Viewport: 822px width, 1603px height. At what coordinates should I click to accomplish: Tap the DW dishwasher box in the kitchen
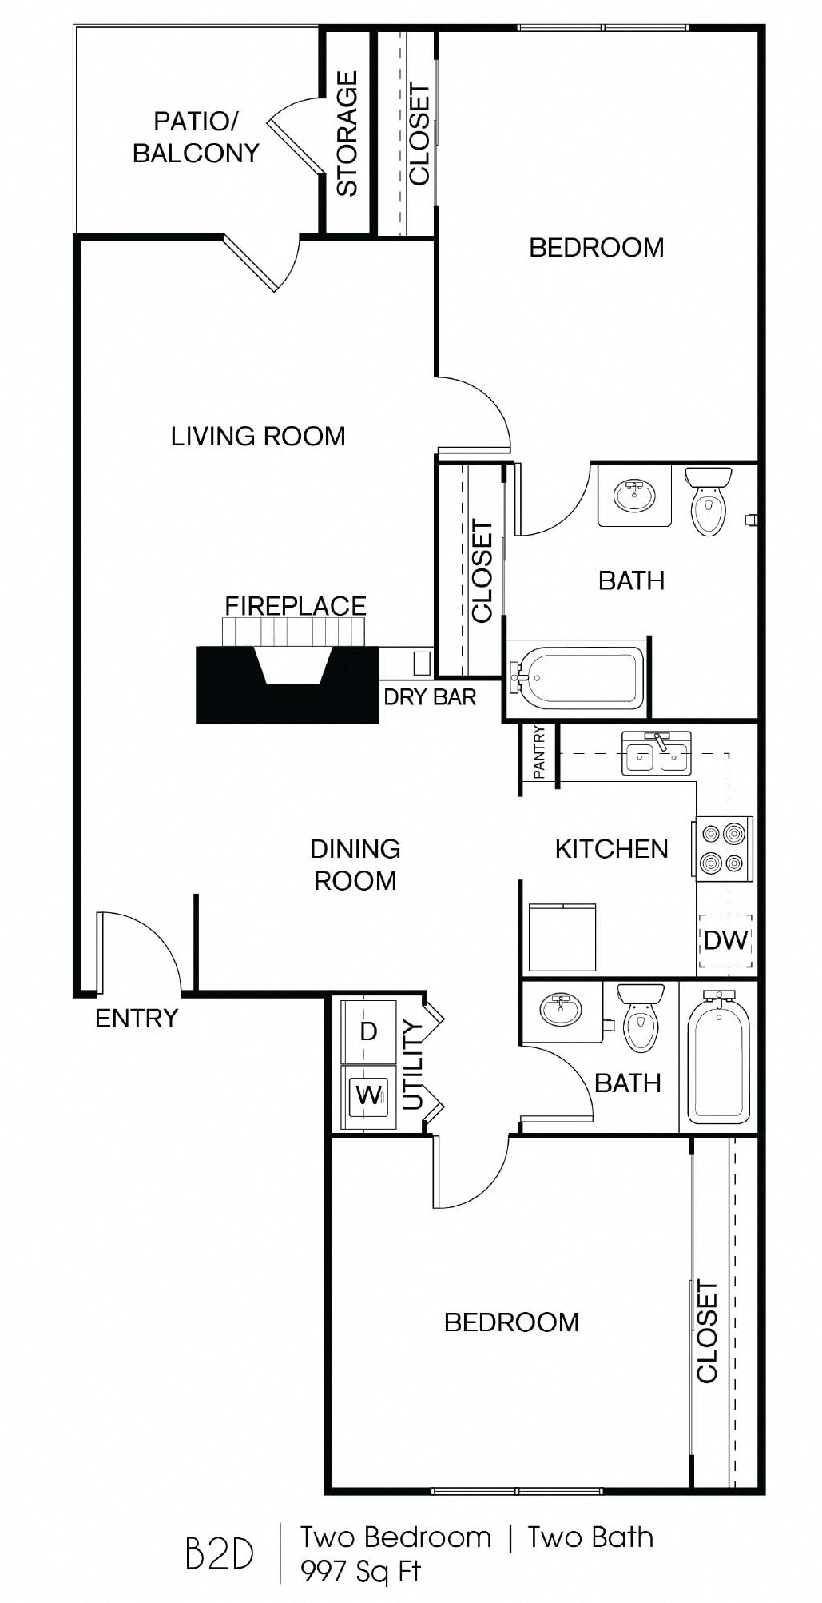point(725,940)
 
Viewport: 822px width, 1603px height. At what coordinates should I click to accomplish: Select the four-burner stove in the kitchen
point(723,848)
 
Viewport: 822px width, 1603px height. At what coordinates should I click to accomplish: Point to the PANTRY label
point(539,752)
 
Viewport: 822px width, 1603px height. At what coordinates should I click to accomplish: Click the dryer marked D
point(368,1031)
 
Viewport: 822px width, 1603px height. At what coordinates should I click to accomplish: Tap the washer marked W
point(368,1095)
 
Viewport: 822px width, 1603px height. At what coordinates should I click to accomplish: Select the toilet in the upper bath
point(708,501)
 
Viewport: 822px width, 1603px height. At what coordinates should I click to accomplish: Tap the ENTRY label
point(137,1019)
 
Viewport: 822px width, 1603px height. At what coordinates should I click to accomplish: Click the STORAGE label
point(347,134)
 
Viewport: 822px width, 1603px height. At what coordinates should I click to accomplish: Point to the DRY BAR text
point(430,697)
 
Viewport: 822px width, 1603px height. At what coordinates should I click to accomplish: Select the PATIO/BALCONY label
point(196,138)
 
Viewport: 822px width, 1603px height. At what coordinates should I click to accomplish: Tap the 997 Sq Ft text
point(360,1571)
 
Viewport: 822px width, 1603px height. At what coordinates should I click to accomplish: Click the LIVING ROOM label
point(258,437)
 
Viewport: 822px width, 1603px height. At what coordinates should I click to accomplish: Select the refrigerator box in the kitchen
point(562,936)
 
